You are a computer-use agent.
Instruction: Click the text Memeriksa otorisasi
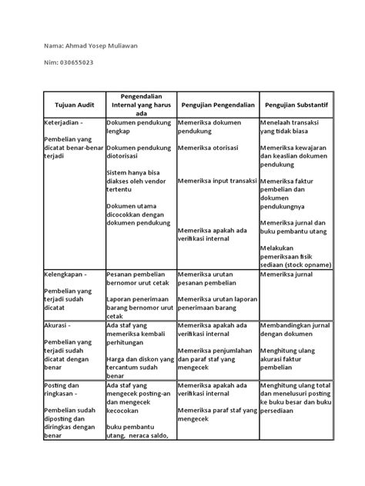pyautogui.click(x=208, y=147)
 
